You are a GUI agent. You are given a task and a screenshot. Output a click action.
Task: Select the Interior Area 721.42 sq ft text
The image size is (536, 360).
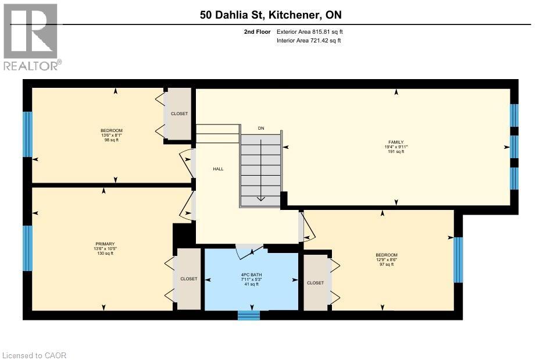point(309,41)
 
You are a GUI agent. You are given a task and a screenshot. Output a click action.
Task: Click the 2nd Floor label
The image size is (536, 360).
point(256,32)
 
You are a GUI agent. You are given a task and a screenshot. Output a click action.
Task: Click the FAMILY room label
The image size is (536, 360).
point(396,142)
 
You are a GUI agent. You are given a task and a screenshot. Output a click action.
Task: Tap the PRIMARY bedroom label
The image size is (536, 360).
point(105,244)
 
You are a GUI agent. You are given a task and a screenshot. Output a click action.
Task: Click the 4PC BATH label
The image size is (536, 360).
point(252,274)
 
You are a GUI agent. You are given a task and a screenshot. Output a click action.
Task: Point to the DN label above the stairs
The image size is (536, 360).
point(261,128)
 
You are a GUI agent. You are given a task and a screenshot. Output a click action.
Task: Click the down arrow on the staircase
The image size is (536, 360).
point(261,197)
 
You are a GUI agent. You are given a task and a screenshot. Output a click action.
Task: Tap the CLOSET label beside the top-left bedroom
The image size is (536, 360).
point(180,113)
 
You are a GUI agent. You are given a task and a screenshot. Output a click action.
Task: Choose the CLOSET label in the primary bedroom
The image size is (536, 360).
point(188,279)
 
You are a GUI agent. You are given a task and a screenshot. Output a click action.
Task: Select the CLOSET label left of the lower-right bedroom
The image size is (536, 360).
point(315,283)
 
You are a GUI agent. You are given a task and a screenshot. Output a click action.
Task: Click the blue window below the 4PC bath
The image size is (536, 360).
point(249,315)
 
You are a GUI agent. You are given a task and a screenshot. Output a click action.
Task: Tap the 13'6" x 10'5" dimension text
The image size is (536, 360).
point(105,248)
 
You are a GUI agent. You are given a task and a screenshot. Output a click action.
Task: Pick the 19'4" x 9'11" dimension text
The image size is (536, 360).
point(396,147)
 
